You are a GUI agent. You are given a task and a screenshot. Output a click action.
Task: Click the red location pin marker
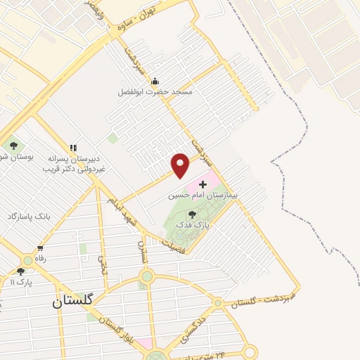(181, 164)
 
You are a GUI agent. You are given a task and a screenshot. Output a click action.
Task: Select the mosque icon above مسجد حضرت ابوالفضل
(155, 82)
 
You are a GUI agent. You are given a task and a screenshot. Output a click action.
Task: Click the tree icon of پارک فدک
(193, 214)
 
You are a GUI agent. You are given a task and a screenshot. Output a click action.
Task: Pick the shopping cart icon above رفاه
(41, 248)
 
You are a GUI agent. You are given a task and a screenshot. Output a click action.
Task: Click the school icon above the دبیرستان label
(72, 148)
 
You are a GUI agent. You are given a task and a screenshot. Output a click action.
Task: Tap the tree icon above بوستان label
(13, 146)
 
